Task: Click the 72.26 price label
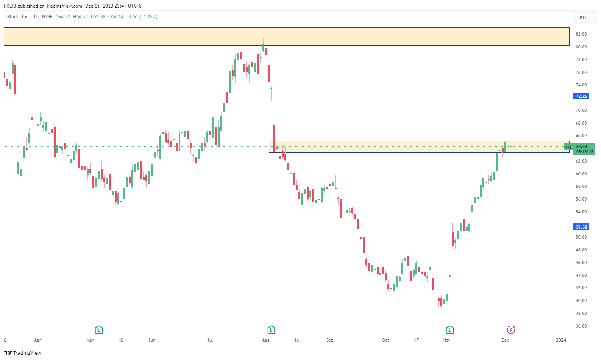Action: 581,96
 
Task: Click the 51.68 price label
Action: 581,227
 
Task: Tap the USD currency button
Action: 582,18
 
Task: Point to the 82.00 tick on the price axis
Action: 581,34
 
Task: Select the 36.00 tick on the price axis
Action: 581,326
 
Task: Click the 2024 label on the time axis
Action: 561,340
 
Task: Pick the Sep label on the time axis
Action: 329,340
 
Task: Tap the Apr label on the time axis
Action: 38,340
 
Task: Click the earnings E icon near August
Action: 271,330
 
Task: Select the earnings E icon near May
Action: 99,330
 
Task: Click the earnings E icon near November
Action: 450,330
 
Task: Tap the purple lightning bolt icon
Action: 511,330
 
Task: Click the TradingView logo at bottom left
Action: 23,353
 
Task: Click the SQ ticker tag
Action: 568,147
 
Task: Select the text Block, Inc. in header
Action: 19,17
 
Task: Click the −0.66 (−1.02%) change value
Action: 141,17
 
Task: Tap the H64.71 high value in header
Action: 81,17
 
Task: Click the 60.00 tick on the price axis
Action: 581,174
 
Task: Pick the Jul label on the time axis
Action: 210,340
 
